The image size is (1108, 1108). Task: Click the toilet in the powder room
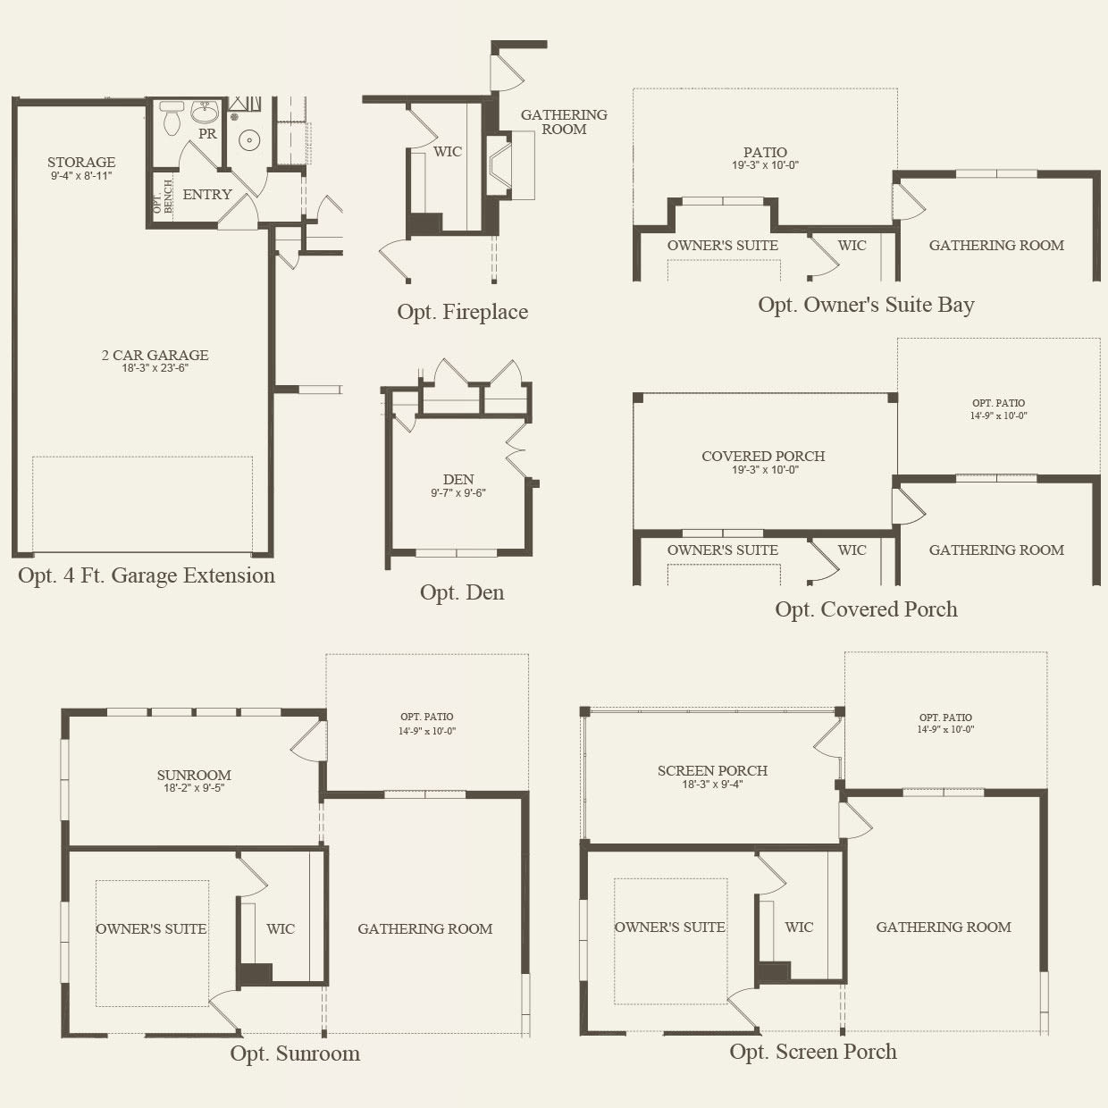(x=172, y=118)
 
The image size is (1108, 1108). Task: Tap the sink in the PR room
(x=205, y=112)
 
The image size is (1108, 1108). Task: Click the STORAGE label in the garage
(x=81, y=162)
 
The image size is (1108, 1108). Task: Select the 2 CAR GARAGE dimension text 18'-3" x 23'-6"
(x=155, y=368)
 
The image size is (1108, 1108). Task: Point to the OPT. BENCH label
(x=163, y=197)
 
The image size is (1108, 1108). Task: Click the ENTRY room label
(x=207, y=194)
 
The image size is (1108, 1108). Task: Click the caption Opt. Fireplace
(x=462, y=312)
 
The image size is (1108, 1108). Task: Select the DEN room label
(x=458, y=479)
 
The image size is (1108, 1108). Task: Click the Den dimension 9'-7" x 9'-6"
(x=458, y=492)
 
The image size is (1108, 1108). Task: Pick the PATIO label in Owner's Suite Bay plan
(x=765, y=153)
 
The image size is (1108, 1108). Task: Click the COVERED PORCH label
(x=763, y=456)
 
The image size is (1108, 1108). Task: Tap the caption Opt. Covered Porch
(x=866, y=609)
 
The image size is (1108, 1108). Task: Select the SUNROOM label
(x=194, y=775)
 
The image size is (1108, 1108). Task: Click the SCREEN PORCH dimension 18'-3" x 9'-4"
(x=712, y=784)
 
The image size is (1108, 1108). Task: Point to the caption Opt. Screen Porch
(x=813, y=1051)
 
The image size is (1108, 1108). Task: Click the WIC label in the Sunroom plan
(x=281, y=928)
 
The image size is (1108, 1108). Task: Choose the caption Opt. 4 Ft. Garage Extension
(x=146, y=575)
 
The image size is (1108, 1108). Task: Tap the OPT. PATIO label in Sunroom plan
(x=426, y=717)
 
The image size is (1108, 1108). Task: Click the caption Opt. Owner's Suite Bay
(x=866, y=305)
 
